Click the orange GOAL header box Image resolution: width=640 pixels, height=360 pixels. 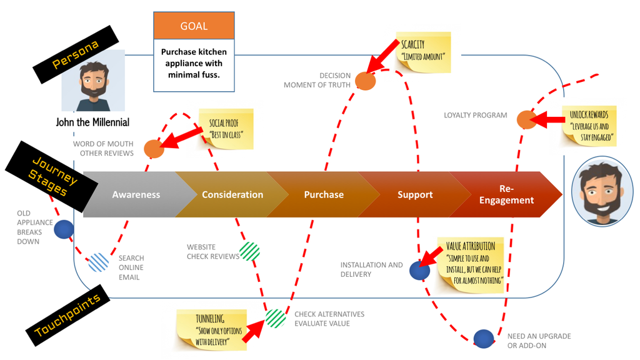point(194,26)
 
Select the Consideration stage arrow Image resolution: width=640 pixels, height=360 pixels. point(232,194)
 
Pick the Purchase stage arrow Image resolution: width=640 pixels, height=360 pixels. point(323,194)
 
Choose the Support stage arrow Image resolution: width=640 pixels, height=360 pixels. point(414,194)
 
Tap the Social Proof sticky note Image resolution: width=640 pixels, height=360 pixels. point(226,129)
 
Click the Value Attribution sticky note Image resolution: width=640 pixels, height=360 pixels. point(474,262)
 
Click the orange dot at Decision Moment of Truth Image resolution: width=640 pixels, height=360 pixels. point(365,81)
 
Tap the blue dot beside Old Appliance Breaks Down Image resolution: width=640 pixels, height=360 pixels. point(63,229)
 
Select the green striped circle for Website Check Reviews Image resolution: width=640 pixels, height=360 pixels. point(249,251)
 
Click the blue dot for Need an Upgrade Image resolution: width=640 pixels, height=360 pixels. point(483,338)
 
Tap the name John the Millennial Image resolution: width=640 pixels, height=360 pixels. point(92,122)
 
